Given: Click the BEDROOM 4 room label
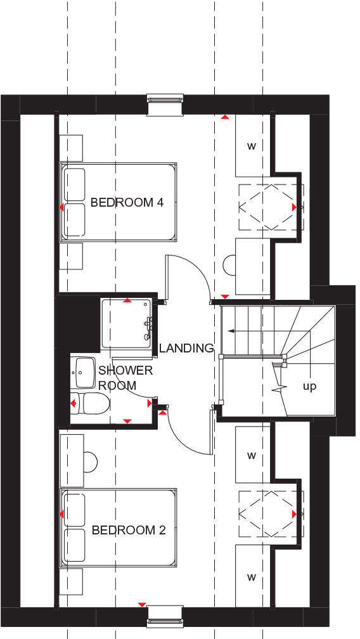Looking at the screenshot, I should pyautogui.click(x=127, y=203).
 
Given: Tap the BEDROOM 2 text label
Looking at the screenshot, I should pyautogui.click(x=128, y=530).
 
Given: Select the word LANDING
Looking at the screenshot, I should pyautogui.click(x=186, y=348).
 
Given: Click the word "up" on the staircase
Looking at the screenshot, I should pyautogui.click(x=309, y=386).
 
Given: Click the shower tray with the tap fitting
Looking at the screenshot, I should pyautogui.click(x=127, y=323).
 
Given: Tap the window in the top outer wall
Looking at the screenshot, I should pyautogui.click(x=165, y=105).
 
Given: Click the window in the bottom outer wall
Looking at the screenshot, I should pyautogui.click(x=165, y=616).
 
